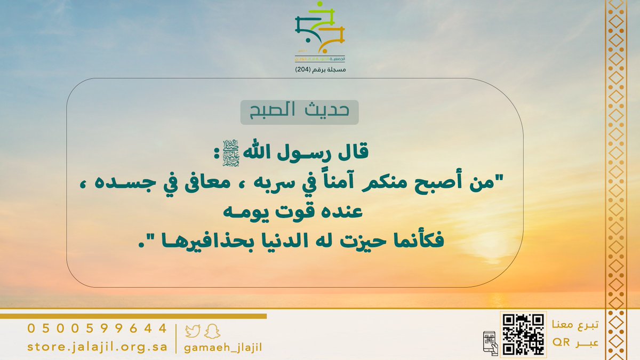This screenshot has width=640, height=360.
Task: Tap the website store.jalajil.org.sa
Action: (97, 347)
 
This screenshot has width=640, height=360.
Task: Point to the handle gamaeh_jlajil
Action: (223, 348)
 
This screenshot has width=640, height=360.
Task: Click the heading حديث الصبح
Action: (299, 111)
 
